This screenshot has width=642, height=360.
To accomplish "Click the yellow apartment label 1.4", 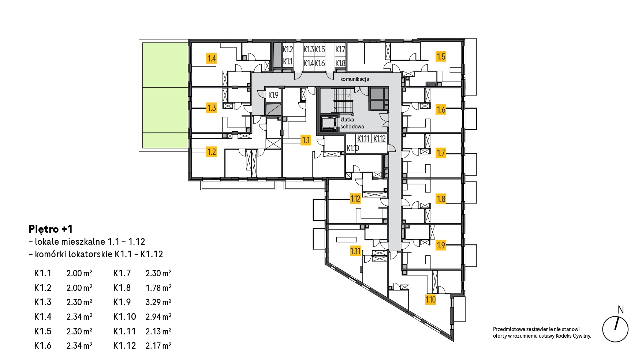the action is point(212,59).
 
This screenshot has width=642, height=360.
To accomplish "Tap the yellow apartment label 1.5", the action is point(441,57).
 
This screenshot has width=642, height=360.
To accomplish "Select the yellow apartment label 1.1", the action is point(306,140).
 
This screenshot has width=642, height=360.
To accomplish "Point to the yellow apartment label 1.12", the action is point(355,199).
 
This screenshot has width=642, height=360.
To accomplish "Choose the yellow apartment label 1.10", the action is point(430,300).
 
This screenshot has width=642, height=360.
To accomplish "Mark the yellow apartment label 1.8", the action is point(441,199).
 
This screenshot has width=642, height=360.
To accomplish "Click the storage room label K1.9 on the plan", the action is point(273,95).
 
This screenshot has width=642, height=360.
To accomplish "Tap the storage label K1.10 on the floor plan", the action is point(352,148).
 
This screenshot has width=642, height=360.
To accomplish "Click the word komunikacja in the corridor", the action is point(355,79).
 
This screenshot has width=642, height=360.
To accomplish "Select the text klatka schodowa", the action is point(352,123).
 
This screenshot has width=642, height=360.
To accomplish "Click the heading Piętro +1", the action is point(51,229).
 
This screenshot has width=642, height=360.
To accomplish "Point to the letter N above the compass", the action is point(621,310).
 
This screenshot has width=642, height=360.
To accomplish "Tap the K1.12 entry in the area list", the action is point(124,346).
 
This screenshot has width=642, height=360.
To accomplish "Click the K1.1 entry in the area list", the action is point(43,273).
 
